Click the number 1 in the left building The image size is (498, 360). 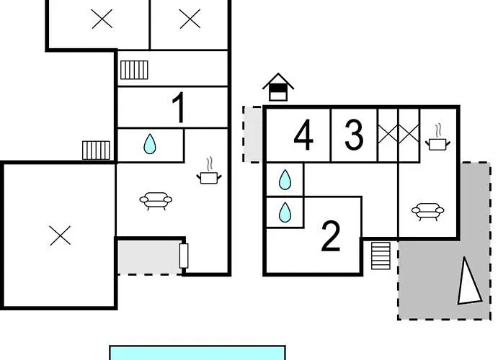point(179,107)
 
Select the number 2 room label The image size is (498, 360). point(331,236)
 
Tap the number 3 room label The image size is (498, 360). point(354,135)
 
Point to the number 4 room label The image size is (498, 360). point(303,135)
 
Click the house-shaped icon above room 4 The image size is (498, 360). point(278,87)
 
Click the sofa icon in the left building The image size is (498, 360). point(156,201)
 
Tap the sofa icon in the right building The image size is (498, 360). point(427,212)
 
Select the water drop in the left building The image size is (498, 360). point(150,144)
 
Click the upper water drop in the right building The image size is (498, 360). point(285,180)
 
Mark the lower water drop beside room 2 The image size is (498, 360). point(285,212)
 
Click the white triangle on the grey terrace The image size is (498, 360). point(468,283)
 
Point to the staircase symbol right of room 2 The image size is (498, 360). point(381,256)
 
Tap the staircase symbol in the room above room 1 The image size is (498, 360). point(134,70)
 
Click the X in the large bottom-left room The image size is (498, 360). point(61,235)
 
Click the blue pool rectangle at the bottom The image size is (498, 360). point(197,353)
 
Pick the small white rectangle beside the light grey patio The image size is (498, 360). point(184,256)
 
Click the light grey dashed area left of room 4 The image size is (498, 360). point(252,135)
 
